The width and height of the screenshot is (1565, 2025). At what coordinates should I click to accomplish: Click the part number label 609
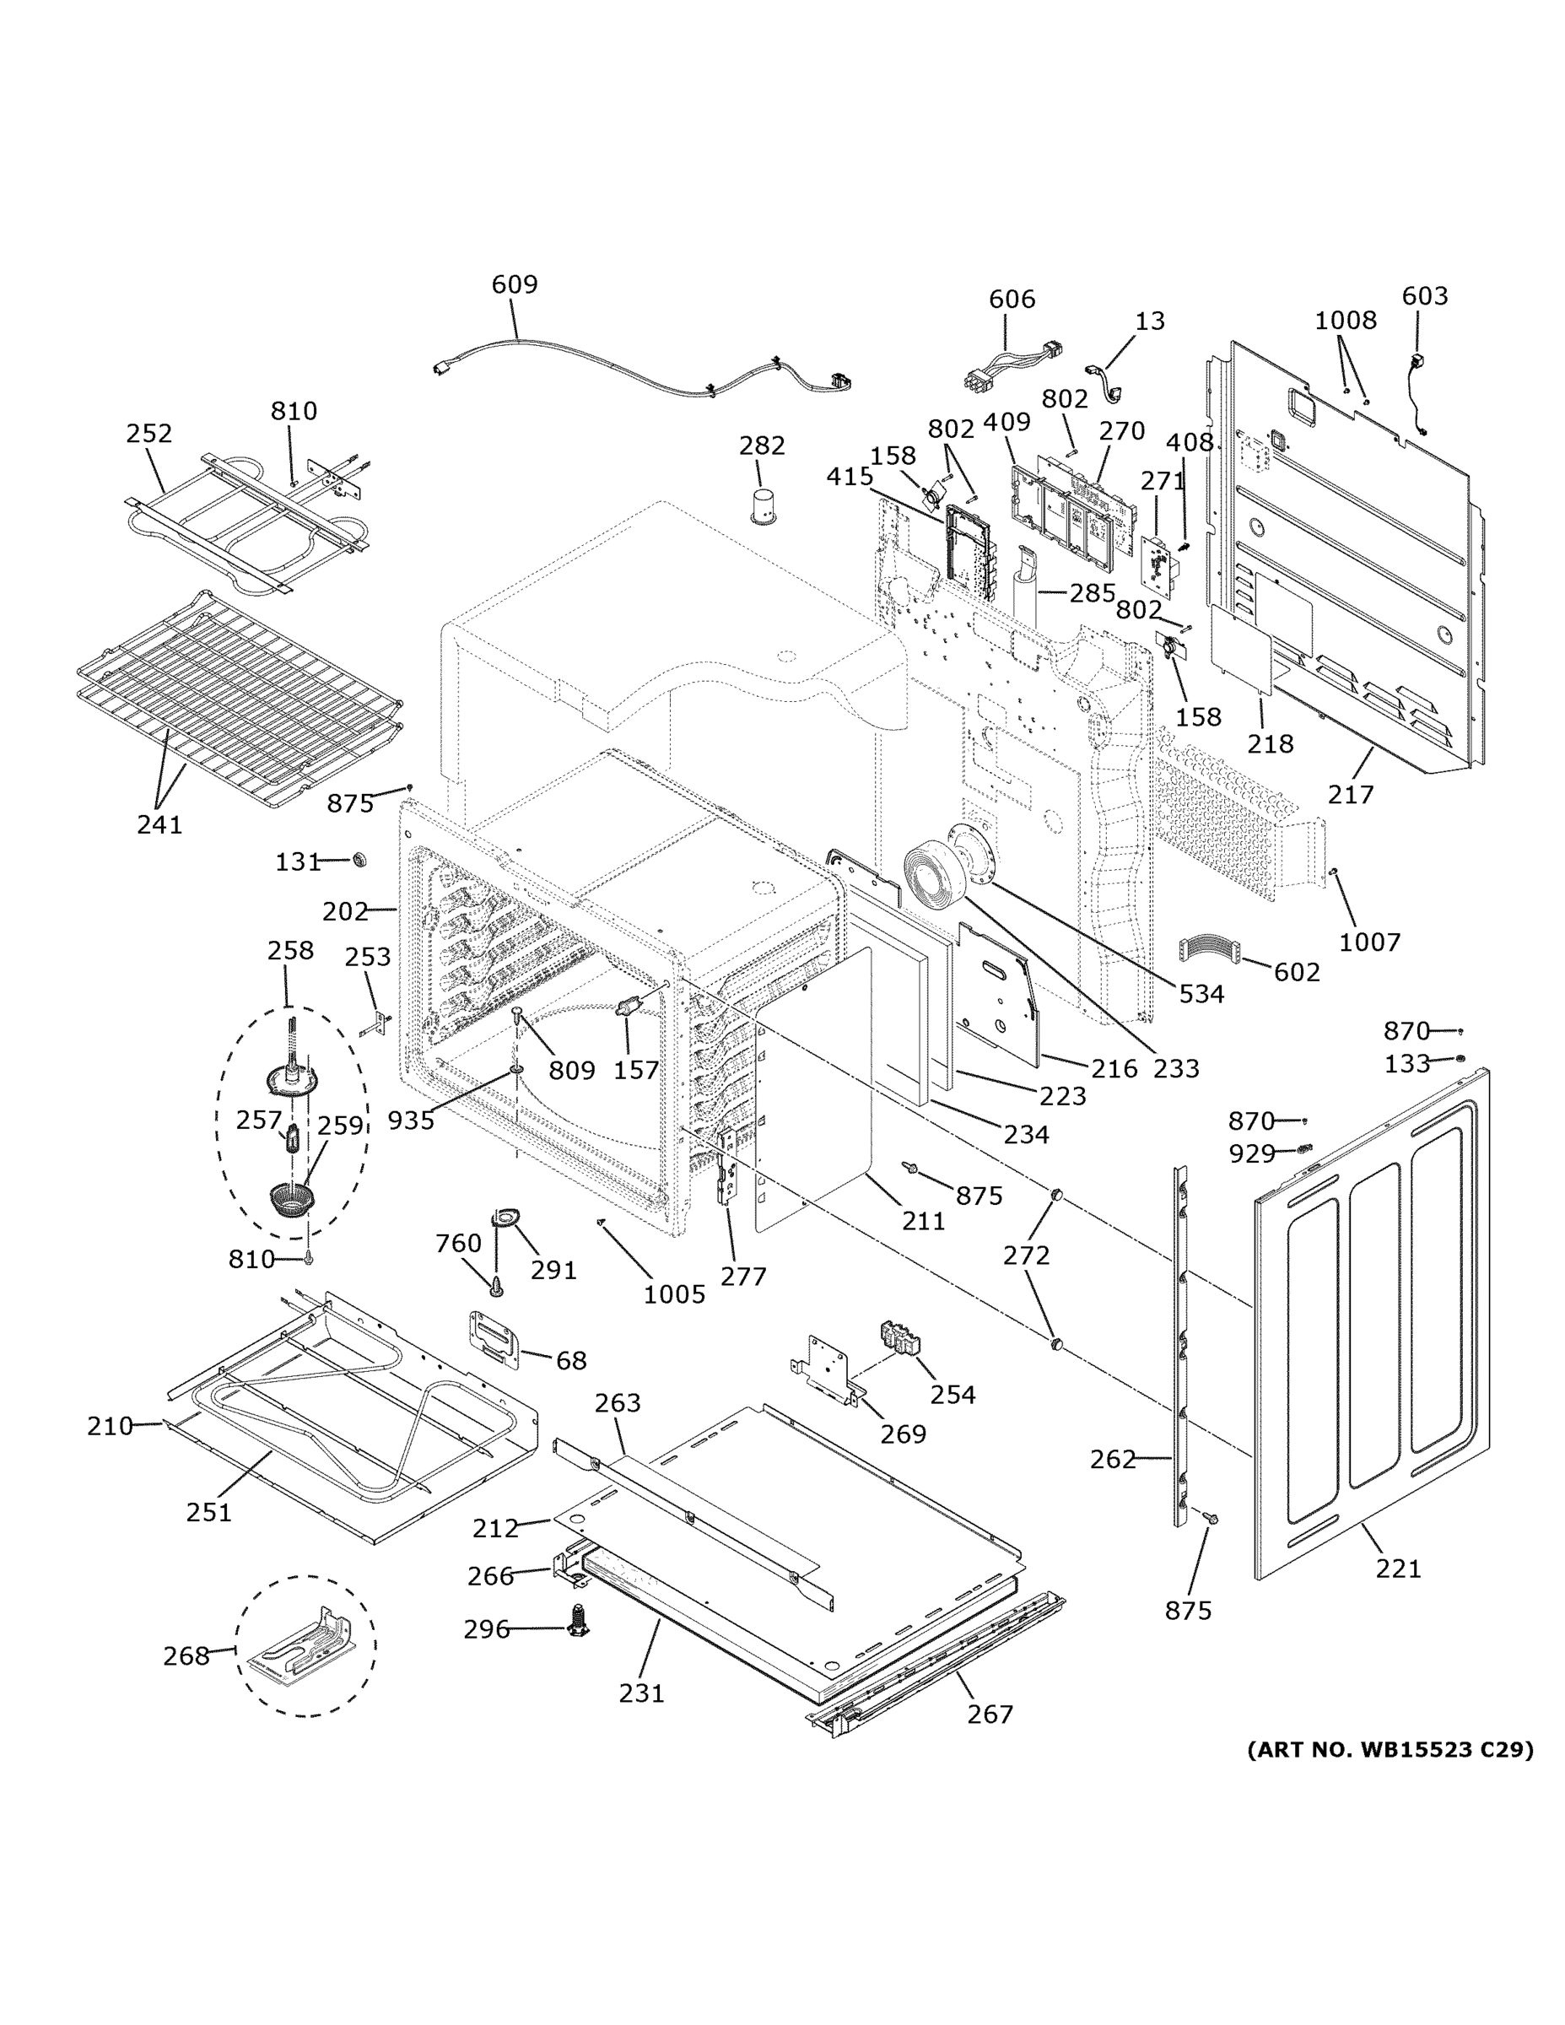click(515, 283)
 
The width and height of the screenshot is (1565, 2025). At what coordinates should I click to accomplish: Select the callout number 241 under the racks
click(159, 823)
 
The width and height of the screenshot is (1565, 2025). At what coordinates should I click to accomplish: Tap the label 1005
click(674, 1294)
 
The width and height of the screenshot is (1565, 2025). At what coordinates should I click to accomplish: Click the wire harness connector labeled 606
click(1012, 364)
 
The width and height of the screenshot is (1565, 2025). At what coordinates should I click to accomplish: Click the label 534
click(1201, 994)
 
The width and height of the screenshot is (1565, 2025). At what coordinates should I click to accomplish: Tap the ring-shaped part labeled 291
click(506, 1218)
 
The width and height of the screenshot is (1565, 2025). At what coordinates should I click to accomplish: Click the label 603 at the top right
click(1424, 296)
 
